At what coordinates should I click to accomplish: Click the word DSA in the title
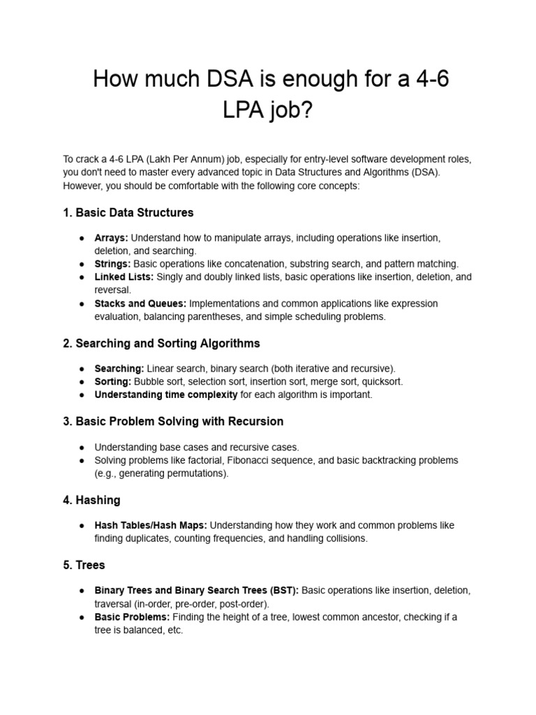point(214,80)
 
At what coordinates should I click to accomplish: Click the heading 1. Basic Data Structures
point(128,212)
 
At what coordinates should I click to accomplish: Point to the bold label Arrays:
point(111,238)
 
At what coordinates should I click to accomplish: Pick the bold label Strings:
point(112,264)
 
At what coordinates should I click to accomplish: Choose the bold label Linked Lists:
point(124,277)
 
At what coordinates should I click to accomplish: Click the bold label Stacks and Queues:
point(140,304)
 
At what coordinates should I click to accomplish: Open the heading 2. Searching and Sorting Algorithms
point(161,344)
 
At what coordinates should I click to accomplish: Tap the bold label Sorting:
point(113,382)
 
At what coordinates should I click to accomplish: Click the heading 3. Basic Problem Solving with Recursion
point(173,422)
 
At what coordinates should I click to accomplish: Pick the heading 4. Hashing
point(91,500)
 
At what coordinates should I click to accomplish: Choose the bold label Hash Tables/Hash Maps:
point(151,525)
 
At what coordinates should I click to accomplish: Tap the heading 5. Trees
point(84,565)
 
